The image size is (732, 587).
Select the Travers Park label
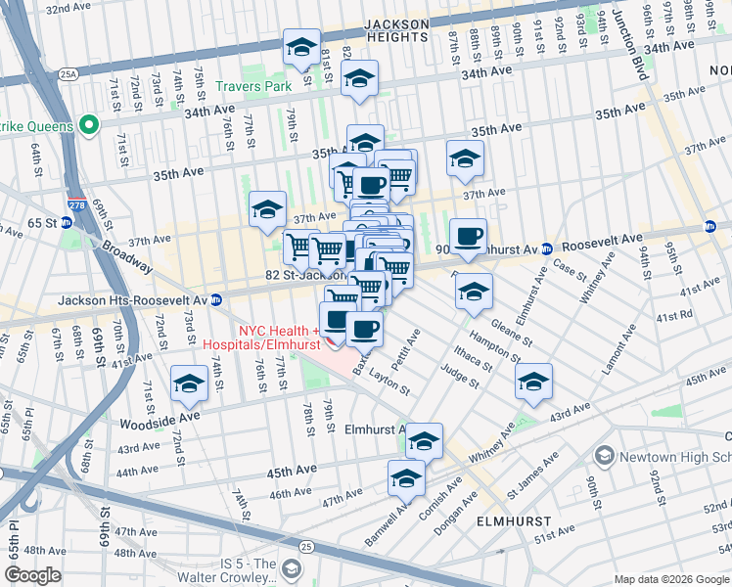coord(255,87)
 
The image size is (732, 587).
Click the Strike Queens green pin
coord(88,125)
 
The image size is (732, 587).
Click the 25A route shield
coord(67,73)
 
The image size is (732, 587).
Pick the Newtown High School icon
coord(604,456)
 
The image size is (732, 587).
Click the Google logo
coord(32,575)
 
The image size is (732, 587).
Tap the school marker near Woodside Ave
coord(189,384)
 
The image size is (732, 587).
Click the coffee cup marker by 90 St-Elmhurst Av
coord(469,235)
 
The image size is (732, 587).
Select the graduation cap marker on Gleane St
coord(474,291)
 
